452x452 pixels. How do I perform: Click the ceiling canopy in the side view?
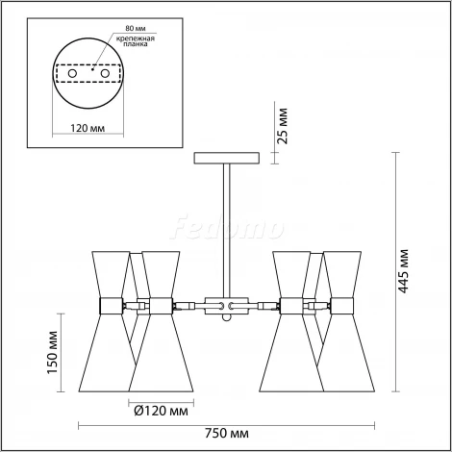click(x=227, y=158)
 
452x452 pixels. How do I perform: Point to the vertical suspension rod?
click(x=227, y=226)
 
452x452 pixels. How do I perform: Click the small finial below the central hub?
click(x=228, y=326)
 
